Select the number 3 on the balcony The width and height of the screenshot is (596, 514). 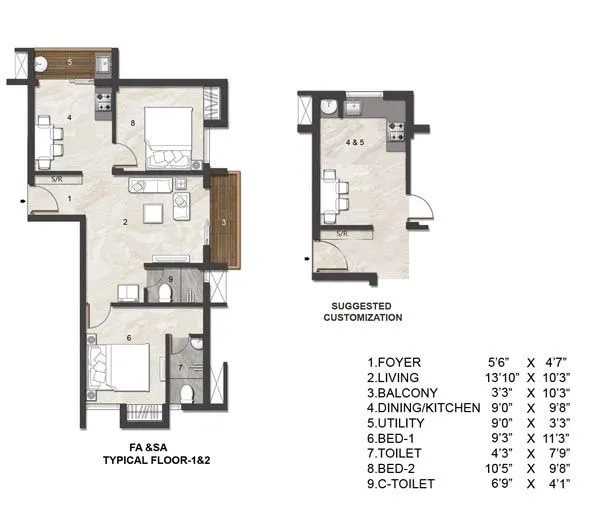coord(224,220)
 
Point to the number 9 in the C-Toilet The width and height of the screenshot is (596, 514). coord(171,279)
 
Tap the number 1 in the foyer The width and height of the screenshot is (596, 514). coord(69,200)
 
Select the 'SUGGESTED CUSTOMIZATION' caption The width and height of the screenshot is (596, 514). coord(362,311)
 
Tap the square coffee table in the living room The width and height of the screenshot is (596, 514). coord(152,213)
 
